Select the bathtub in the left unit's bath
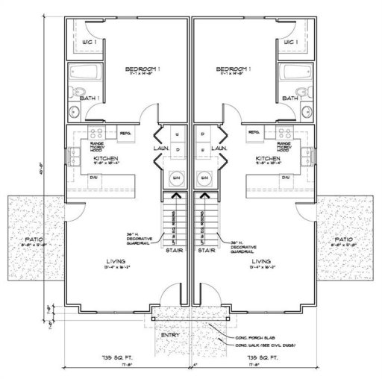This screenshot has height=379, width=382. click(x=82, y=75)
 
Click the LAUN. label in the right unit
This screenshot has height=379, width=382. click(x=220, y=149)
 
